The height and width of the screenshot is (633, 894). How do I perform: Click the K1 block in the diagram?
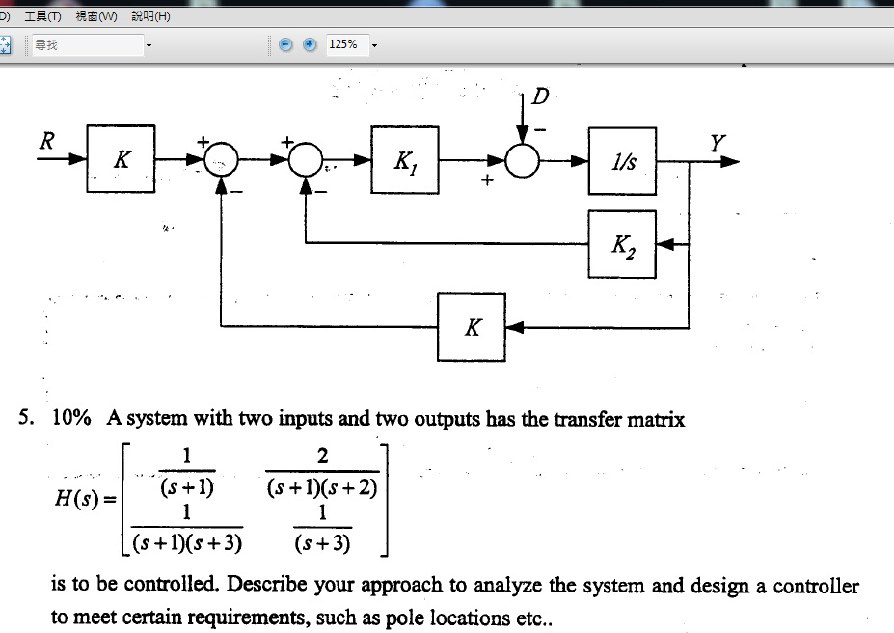coord(404,160)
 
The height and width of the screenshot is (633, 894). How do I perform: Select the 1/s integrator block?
coord(623,160)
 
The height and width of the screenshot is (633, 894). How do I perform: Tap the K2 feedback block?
coord(622,244)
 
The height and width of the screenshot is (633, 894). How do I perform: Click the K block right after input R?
coord(121,159)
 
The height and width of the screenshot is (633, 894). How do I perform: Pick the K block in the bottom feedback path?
coord(471,327)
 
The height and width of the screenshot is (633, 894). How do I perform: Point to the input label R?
coord(45,140)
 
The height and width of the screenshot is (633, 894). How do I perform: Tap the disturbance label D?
coord(541,96)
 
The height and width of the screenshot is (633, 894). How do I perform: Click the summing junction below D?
coord(524,161)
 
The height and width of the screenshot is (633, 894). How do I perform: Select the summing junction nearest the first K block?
coord(222,161)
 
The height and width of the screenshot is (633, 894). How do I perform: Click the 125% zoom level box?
coord(344,44)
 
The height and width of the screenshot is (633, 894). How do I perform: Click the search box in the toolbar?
coord(87,44)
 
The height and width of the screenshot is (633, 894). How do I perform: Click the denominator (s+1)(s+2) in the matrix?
coord(322,487)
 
